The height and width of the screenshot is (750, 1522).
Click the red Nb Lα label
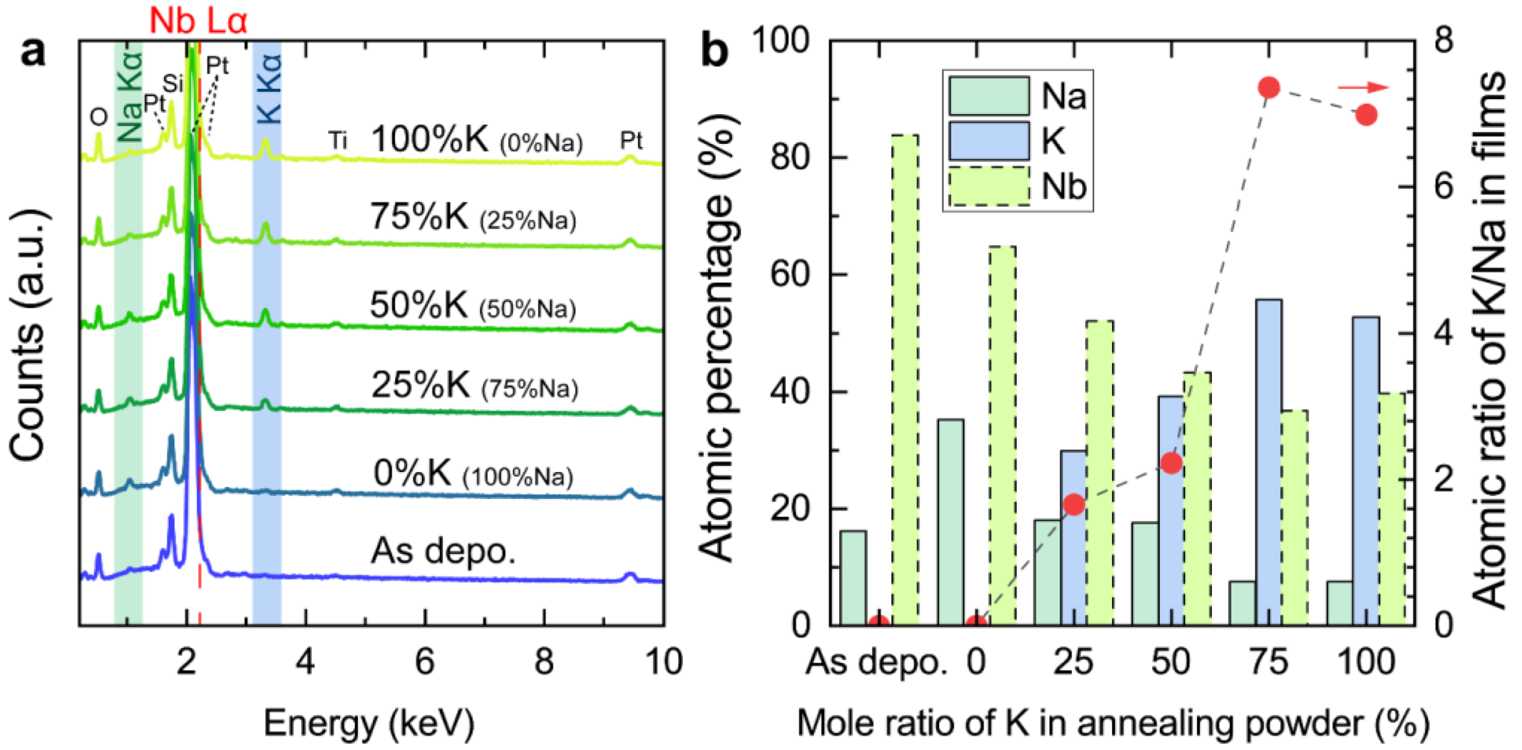pos(198,20)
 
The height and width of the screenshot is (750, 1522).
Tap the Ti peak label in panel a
pos(337,141)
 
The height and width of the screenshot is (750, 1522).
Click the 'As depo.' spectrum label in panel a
pos(443,550)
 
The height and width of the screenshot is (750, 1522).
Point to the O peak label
pos(99,117)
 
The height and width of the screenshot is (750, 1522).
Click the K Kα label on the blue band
pos(269,89)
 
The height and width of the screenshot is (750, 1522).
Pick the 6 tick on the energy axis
pos(424,661)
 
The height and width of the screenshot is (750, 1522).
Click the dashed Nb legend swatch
pos(989,185)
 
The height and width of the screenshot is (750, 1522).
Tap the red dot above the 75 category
pos(1269,88)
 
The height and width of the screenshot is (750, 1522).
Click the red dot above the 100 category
pos(1366,115)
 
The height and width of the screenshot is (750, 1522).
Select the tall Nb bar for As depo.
pos(905,378)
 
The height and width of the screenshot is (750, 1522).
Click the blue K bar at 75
pos(1269,462)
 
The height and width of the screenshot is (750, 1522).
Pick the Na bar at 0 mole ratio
pos(950,521)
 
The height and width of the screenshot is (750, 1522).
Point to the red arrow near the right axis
pos(1363,87)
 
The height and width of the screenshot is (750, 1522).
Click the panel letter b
pos(714,51)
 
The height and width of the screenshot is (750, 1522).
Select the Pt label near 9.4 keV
pos(631,141)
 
